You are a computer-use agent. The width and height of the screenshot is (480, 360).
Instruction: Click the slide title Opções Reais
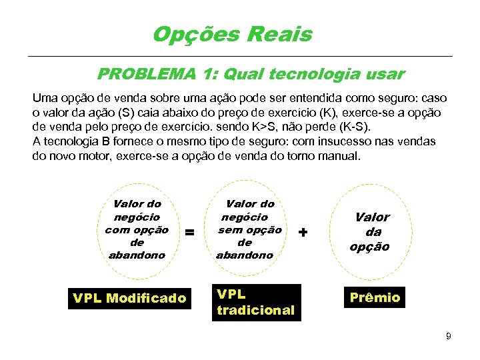click(x=232, y=34)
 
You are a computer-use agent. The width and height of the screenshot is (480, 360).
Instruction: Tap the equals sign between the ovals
click(x=189, y=232)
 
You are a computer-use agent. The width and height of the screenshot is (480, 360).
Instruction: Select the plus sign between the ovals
click(x=304, y=232)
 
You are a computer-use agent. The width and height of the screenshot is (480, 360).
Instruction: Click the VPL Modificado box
click(x=130, y=298)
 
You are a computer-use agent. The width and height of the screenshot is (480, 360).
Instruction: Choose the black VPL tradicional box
click(x=256, y=302)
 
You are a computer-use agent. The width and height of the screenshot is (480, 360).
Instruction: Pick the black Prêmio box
click(x=375, y=297)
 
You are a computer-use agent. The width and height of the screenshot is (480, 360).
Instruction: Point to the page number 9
click(x=449, y=336)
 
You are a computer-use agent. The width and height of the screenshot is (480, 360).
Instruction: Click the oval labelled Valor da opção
click(x=372, y=231)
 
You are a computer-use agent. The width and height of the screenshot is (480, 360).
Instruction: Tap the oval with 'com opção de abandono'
click(x=137, y=229)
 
